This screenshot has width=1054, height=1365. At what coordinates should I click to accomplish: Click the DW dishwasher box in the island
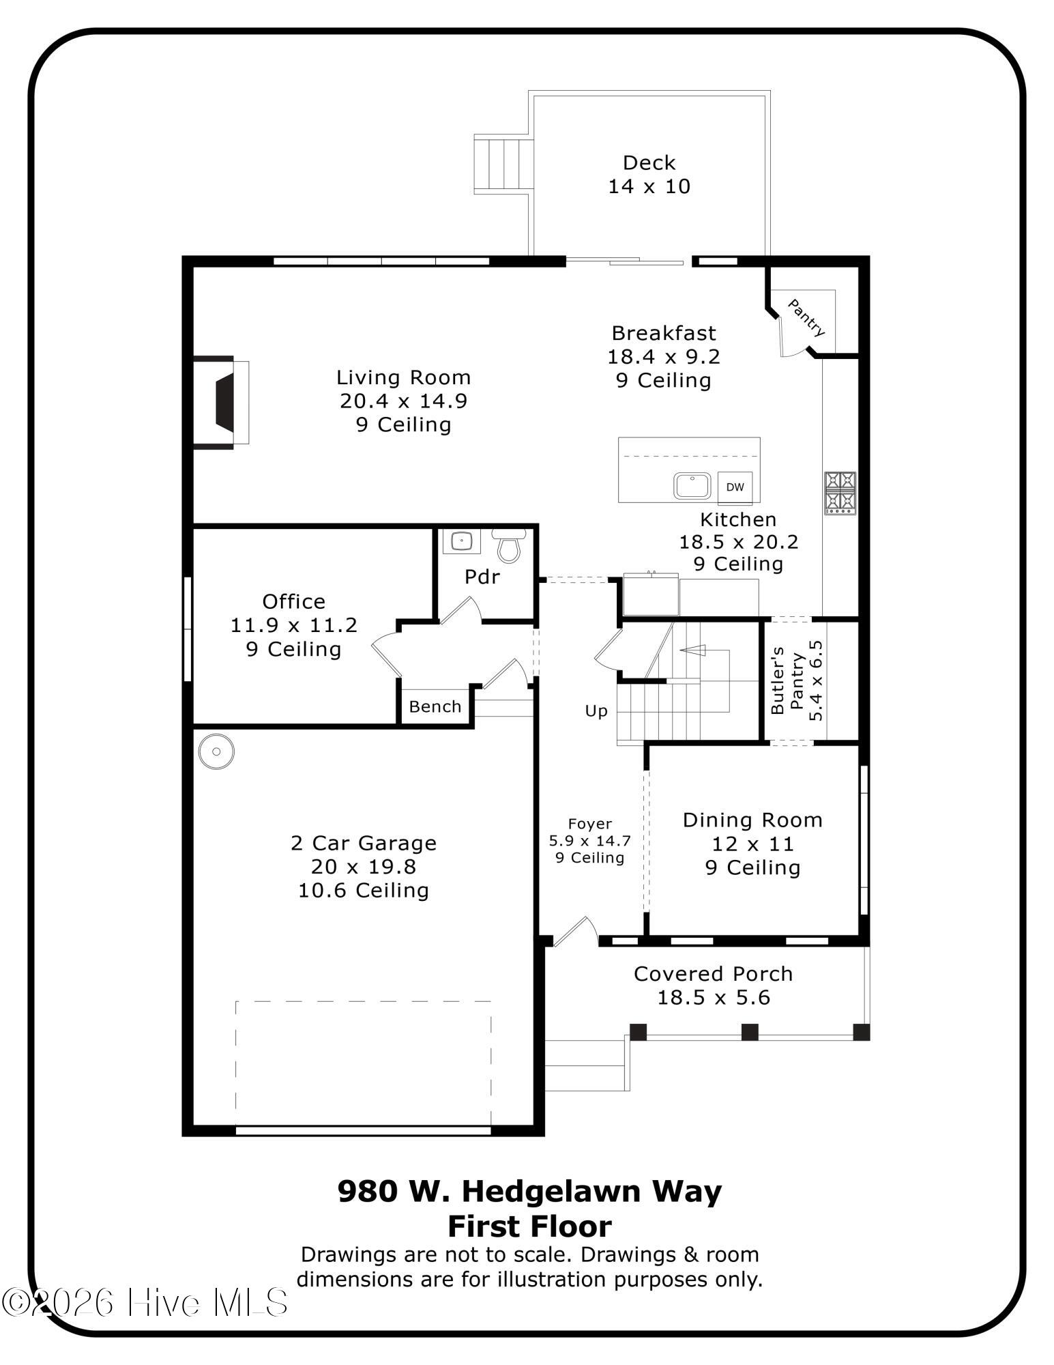click(735, 487)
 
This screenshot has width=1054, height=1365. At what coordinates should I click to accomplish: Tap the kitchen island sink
click(692, 486)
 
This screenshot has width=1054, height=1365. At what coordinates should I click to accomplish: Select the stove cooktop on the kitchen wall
click(840, 493)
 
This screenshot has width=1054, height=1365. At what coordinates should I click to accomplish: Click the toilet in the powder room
click(509, 544)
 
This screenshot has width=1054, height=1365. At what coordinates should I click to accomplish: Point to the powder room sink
click(461, 541)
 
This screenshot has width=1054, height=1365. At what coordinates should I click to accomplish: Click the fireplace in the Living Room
click(222, 403)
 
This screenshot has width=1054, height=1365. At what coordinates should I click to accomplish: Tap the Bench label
click(435, 706)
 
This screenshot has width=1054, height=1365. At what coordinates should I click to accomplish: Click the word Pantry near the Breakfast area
click(807, 317)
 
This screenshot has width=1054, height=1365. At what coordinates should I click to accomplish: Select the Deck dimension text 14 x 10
click(649, 186)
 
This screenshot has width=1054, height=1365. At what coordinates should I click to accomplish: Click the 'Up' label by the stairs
click(596, 712)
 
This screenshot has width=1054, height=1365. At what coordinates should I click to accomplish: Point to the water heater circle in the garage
click(216, 751)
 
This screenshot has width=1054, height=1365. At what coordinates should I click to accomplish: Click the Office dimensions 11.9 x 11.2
click(294, 625)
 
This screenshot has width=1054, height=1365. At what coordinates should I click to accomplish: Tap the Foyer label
click(590, 824)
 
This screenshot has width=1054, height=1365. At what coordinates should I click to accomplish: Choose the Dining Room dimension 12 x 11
click(753, 844)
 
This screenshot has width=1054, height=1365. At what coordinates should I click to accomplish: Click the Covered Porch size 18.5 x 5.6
click(714, 998)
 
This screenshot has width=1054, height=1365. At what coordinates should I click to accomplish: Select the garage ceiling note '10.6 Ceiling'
click(364, 891)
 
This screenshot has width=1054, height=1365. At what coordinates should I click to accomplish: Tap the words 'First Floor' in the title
click(529, 1226)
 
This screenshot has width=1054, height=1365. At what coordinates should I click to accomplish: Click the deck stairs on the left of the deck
click(503, 164)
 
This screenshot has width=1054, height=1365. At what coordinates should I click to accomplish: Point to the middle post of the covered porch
click(750, 1032)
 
